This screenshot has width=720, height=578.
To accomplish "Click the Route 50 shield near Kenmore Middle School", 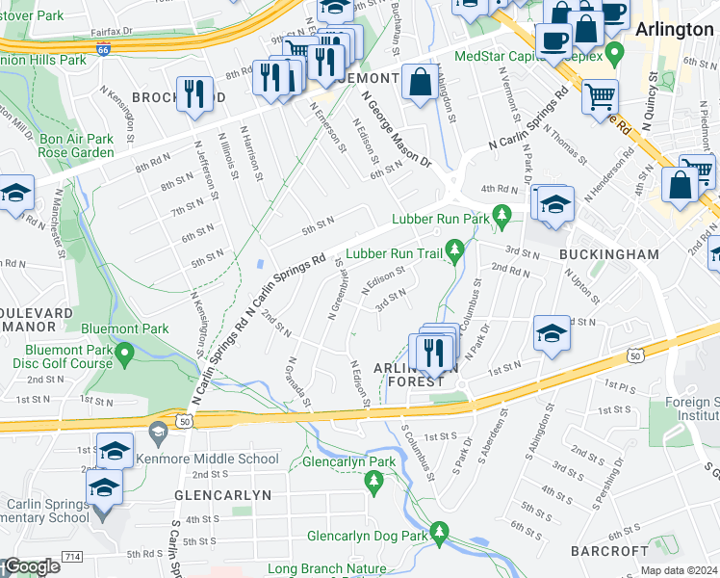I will click(184, 421).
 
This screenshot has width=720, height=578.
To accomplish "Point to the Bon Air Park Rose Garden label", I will click(77, 146).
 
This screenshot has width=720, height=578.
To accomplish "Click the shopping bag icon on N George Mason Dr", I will click(420, 83).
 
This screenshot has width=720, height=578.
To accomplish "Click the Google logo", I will click(31, 567).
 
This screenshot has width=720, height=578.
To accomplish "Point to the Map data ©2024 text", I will click(678, 570).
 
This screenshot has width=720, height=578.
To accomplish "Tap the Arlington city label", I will click(674, 30).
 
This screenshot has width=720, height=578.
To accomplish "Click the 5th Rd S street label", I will click(145, 554).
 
